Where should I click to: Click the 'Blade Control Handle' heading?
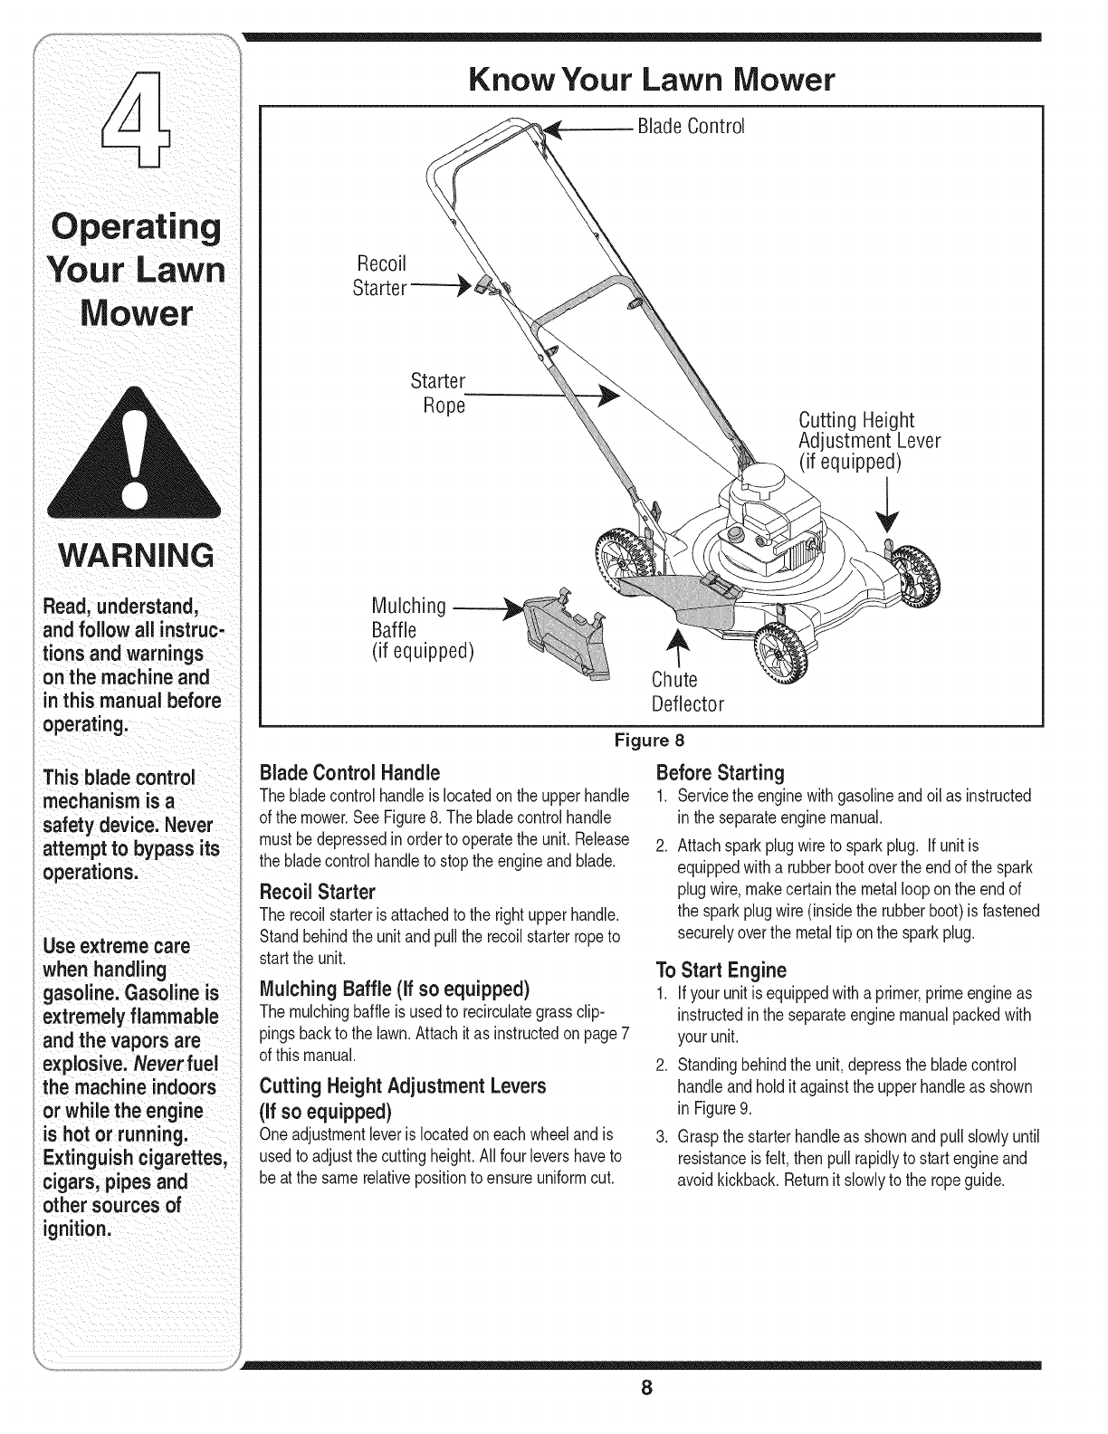click(x=349, y=772)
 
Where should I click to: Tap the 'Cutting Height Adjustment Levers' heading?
click(x=402, y=1085)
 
